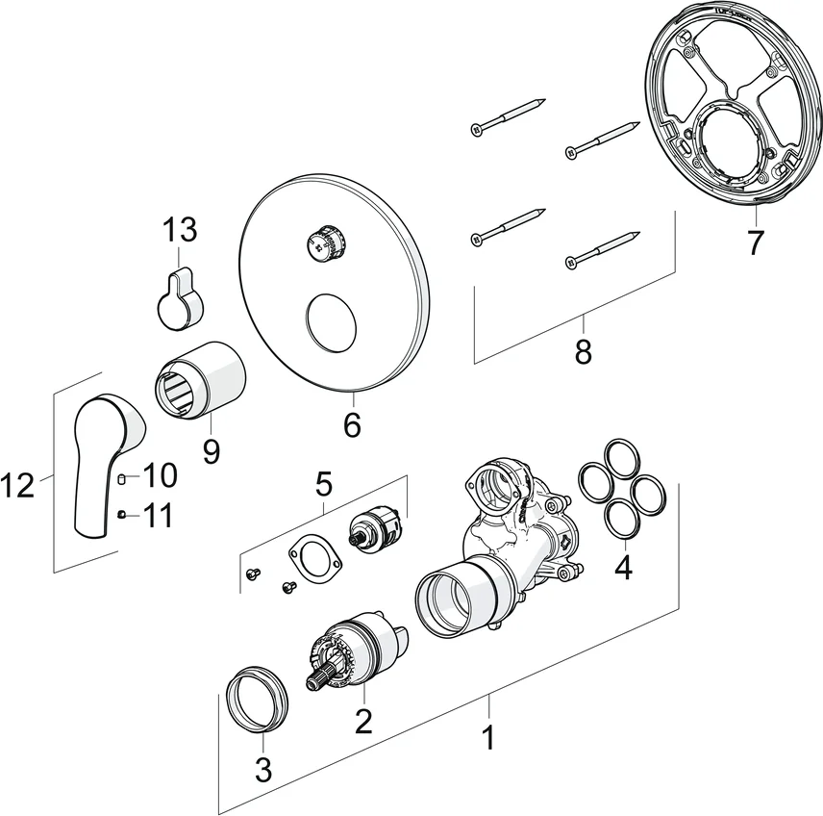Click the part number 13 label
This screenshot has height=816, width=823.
click(180, 230)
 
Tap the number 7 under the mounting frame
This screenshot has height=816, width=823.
click(756, 242)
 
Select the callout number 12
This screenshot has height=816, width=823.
click(18, 486)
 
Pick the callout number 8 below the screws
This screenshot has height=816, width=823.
click(584, 352)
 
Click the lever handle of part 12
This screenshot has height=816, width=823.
click(103, 462)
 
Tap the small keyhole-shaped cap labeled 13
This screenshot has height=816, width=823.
click(180, 297)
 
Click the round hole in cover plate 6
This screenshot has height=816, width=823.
click(331, 323)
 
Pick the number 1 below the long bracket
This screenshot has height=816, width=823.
click(488, 739)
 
